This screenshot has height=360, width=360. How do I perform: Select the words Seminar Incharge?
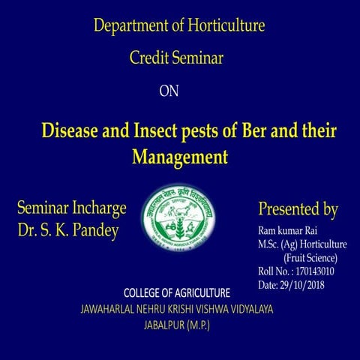point(70,208)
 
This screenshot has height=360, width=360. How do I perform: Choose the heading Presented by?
point(298,208)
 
